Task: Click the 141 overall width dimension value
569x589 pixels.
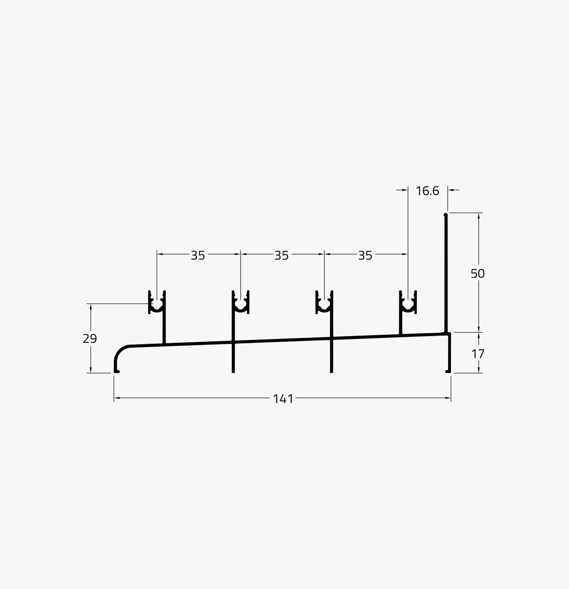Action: click(x=283, y=399)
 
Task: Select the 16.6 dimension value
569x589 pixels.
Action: click(x=427, y=191)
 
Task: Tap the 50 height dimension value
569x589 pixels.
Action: click(x=478, y=273)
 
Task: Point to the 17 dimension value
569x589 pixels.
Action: click(x=478, y=354)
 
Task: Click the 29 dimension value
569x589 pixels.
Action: click(x=90, y=338)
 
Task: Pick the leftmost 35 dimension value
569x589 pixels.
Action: click(x=198, y=256)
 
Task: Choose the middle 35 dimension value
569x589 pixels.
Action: click(x=282, y=256)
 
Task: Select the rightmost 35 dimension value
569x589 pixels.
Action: click(x=365, y=256)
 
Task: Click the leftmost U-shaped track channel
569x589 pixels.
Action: click(x=157, y=309)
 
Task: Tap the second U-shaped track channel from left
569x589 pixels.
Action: click(x=241, y=309)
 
